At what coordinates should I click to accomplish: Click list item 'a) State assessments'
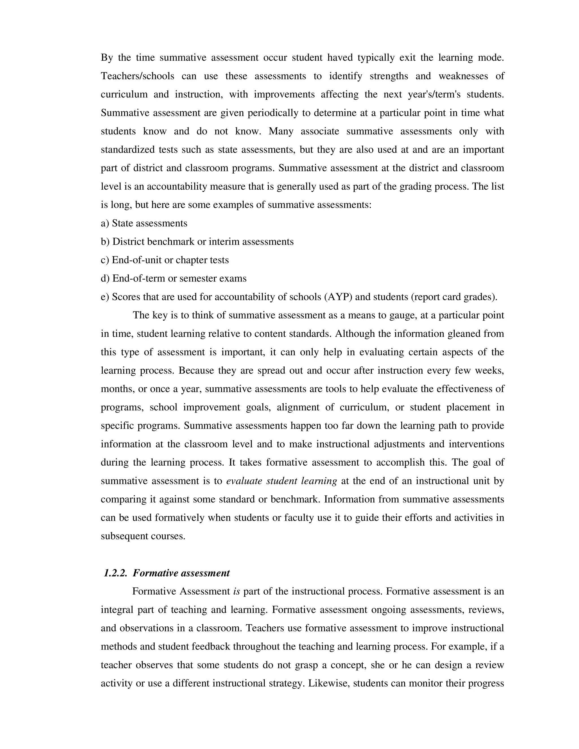[x=144, y=223]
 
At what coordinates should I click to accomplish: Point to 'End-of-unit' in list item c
[x=137, y=260]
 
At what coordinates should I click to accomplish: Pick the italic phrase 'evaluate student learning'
[x=281, y=481]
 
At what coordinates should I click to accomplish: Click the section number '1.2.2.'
[x=115, y=573]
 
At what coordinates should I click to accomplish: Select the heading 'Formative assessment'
[x=181, y=573]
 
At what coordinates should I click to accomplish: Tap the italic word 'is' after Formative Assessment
[x=236, y=591]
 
